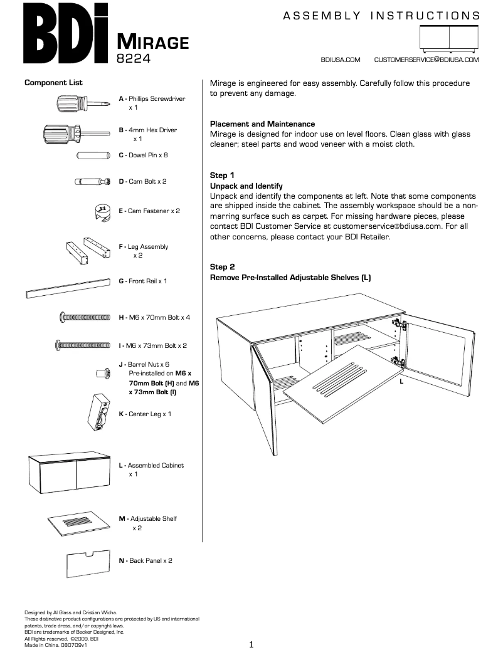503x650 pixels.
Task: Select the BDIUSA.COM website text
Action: [340, 60]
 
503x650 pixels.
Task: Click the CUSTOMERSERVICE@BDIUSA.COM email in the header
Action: [426, 60]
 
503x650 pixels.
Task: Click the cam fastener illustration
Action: [101, 211]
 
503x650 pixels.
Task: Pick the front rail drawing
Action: [68, 286]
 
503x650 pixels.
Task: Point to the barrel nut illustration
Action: [100, 372]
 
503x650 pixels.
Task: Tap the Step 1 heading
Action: [222, 176]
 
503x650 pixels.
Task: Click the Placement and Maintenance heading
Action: [262, 124]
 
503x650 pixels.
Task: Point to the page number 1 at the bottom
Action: [251, 644]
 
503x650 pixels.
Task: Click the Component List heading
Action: [53, 83]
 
